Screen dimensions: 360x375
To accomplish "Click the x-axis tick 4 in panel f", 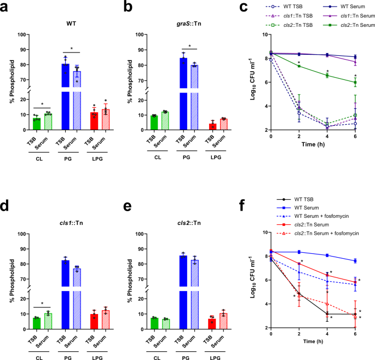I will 327,334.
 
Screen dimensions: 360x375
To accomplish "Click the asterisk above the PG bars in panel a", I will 72,49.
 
